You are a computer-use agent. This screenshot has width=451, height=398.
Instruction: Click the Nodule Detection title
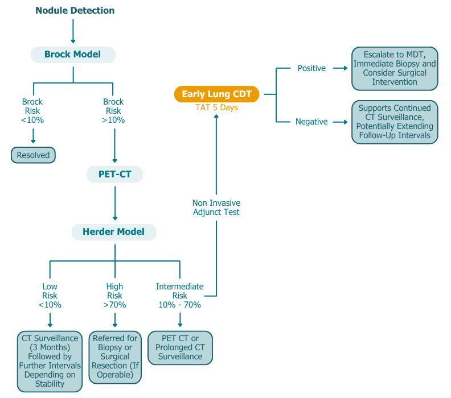pyautogui.click(x=75, y=11)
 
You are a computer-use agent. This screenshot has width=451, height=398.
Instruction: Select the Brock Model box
pyautogui.click(x=72, y=55)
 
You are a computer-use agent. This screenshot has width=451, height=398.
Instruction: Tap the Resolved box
pyautogui.click(x=33, y=155)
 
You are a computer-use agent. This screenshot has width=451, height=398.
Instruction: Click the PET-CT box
pyautogui.click(x=114, y=175)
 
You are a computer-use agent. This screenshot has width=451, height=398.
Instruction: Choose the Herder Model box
pyautogui.click(x=114, y=232)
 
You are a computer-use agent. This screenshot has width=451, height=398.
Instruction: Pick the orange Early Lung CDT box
pyautogui.click(x=216, y=94)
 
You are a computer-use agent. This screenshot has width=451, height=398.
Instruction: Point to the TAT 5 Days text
pyautogui.click(x=216, y=107)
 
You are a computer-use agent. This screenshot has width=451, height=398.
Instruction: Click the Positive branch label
pyautogui.click(x=311, y=68)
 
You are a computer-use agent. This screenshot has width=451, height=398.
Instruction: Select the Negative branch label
pyautogui.click(x=311, y=122)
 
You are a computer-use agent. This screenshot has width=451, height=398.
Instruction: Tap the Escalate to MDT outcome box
pyautogui.click(x=395, y=68)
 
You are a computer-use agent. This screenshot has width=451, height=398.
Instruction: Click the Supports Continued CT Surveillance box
pyautogui.click(x=395, y=122)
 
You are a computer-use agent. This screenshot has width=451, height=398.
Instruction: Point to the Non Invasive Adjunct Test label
pyautogui.click(x=216, y=208)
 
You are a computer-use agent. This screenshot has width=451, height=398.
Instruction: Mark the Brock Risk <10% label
pyautogui.click(x=32, y=111)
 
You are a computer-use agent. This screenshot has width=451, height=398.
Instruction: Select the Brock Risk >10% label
pyautogui.click(x=114, y=111)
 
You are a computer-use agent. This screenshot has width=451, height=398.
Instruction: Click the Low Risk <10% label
pyautogui.click(x=50, y=296)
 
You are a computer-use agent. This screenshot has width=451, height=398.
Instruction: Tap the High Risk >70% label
pyautogui.click(x=114, y=296)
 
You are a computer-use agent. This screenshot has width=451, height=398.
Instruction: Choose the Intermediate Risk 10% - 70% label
pyautogui.click(x=180, y=296)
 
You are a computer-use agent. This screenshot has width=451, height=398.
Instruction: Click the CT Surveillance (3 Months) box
pyautogui.click(x=50, y=361)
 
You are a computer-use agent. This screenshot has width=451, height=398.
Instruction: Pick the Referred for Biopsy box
pyautogui.click(x=114, y=356)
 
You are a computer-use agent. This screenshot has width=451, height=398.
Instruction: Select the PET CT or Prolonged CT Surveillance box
pyautogui.click(x=180, y=347)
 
